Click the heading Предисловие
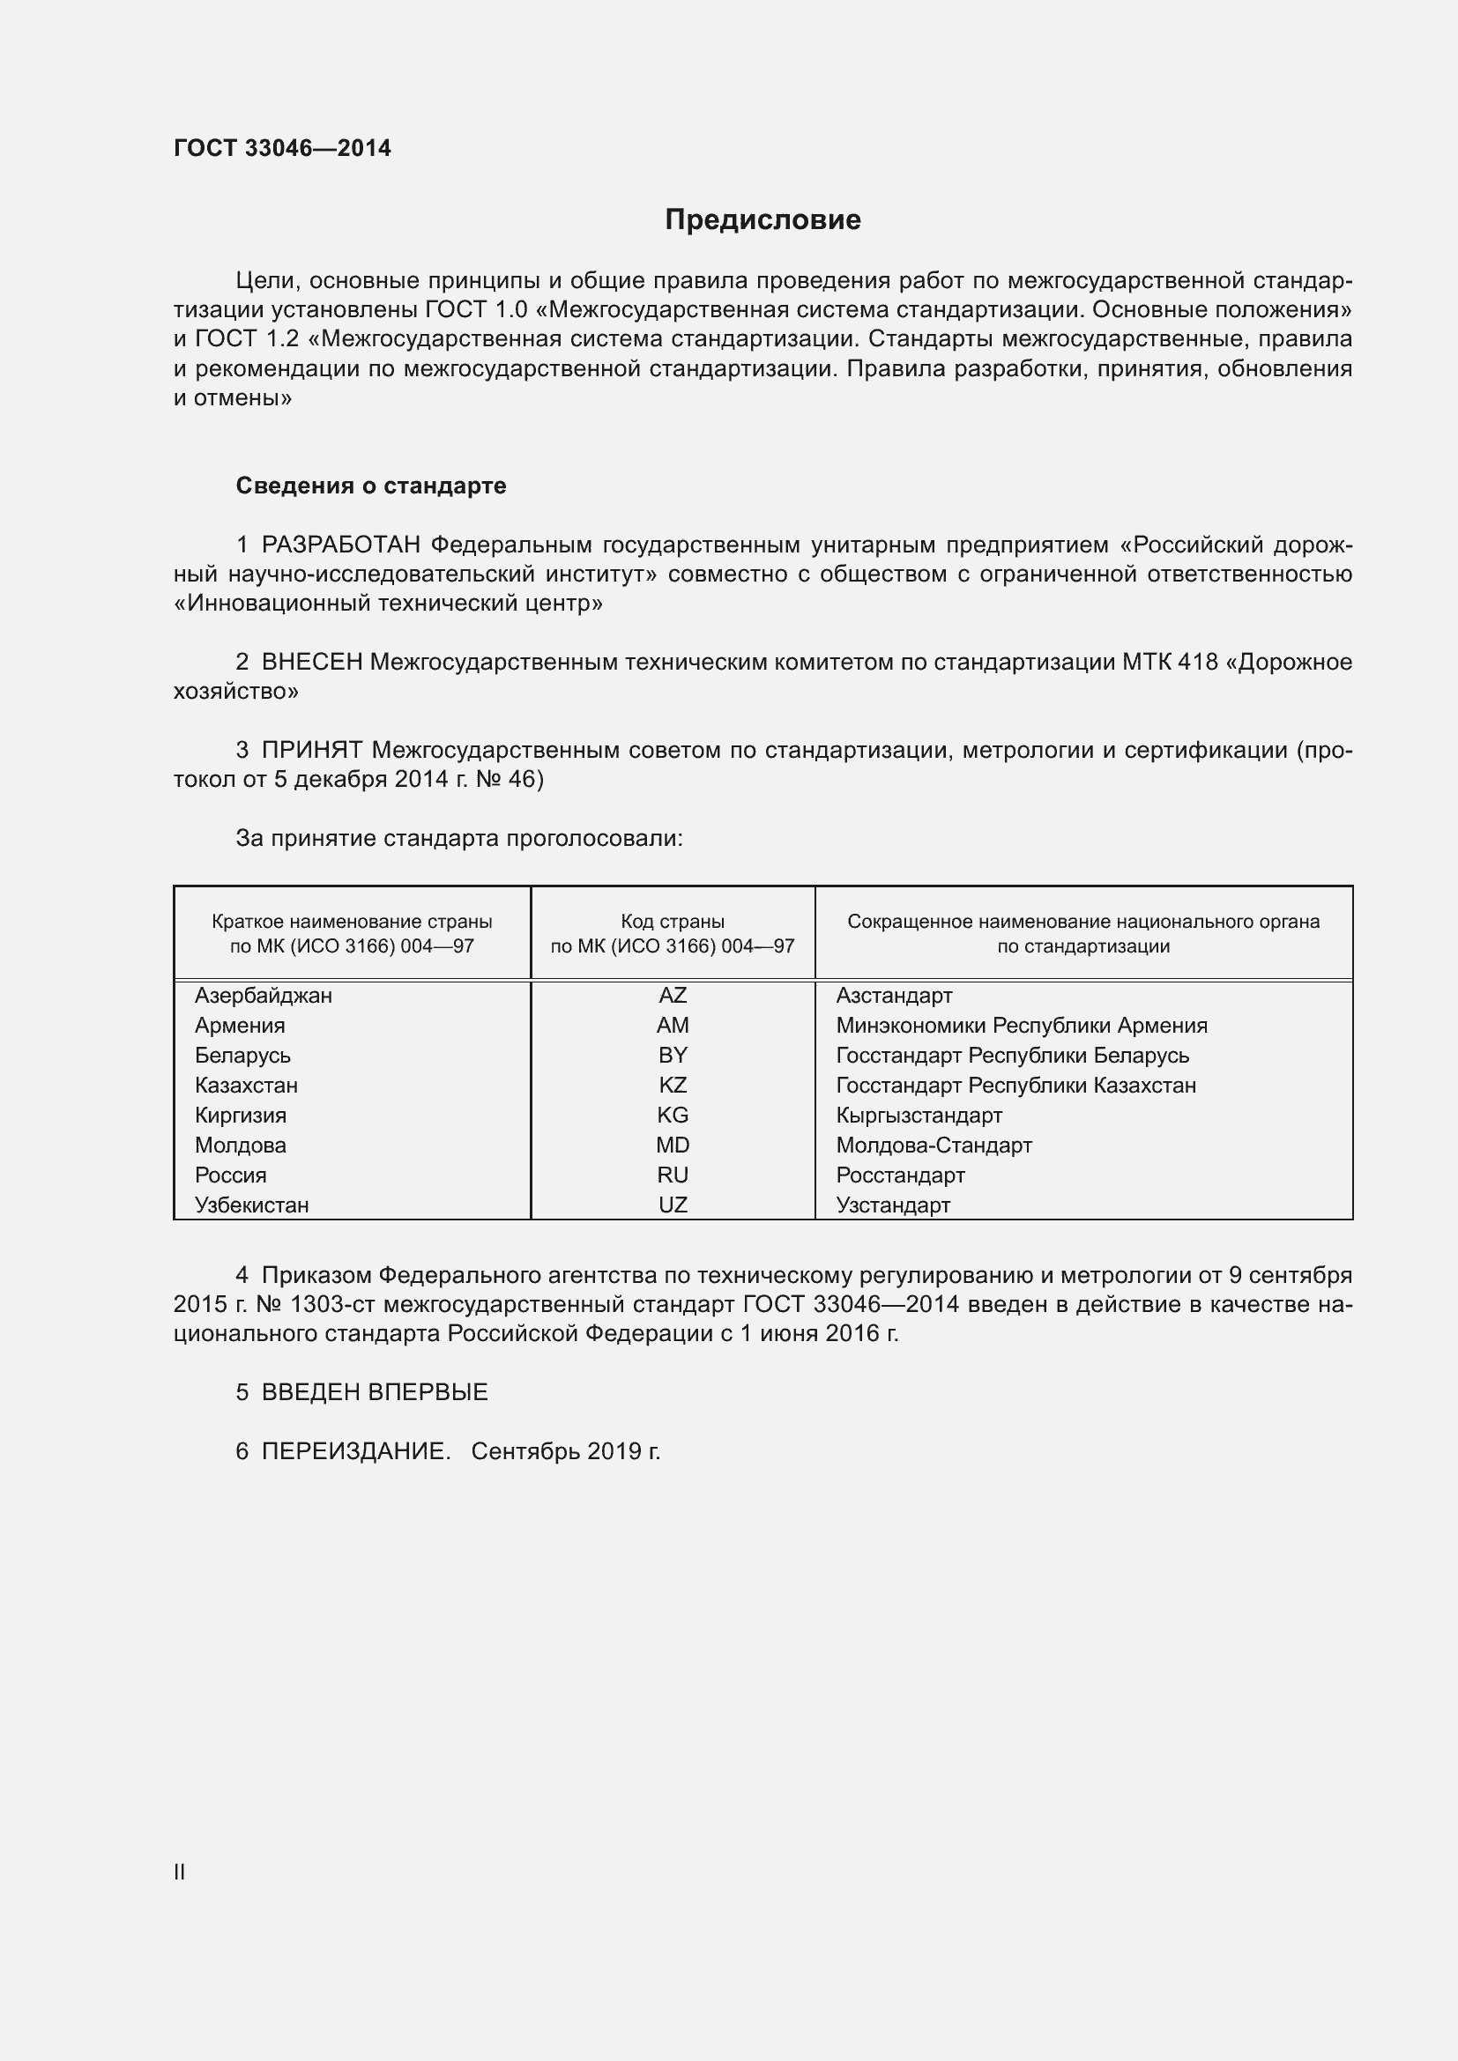coord(762,220)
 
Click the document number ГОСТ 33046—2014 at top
coord(282,148)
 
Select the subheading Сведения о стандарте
coord(371,486)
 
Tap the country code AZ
coord(673,996)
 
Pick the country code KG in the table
coord(673,1115)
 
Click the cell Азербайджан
coord(263,996)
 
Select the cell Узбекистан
coord(251,1205)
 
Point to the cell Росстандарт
coord(901,1175)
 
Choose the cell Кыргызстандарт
coord(919,1115)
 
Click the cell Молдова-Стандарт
coord(934,1145)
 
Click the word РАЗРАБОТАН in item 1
coord(341,545)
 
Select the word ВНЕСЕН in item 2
coord(311,663)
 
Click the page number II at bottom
coord(180,1872)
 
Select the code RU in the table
coord(673,1175)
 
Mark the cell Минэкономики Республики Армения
coord(1022,1025)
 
